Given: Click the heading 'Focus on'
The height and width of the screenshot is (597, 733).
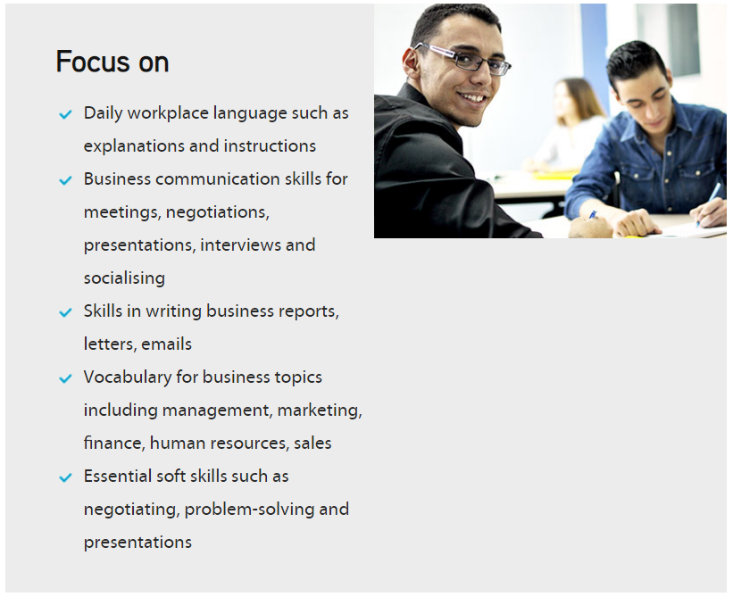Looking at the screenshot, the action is pyautogui.click(x=112, y=62).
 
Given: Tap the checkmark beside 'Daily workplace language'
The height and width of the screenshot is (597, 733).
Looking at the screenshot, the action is pyautogui.click(x=65, y=114).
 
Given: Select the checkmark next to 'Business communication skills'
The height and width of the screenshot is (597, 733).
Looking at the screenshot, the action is pyautogui.click(x=65, y=180).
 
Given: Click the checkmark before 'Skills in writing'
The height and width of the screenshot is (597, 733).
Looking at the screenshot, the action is pyautogui.click(x=65, y=312).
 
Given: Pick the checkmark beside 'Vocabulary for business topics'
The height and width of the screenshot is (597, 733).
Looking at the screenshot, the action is pyautogui.click(x=65, y=378).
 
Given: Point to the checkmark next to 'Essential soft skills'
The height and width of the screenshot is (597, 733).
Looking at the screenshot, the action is pyautogui.click(x=65, y=477).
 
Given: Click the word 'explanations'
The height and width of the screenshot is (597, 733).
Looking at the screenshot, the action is pyautogui.click(x=134, y=146).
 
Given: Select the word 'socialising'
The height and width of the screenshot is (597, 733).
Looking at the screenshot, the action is pyautogui.click(x=124, y=278).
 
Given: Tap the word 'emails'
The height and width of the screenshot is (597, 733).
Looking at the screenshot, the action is pyautogui.click(x=166, y=344).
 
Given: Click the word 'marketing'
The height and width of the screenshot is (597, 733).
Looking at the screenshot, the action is pyautogui.click(x=320, y=410).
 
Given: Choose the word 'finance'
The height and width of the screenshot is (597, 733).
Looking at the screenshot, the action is pyautogui.click(x=114, y=443).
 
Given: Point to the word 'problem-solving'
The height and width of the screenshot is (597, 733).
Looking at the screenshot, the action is pyautogui.click(x=250, y=510).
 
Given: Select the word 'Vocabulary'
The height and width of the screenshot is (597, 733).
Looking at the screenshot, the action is pyautogui.click(x=128, y=377).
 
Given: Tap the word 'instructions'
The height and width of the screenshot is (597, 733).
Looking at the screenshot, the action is pyautogui.click(x=270, y=146).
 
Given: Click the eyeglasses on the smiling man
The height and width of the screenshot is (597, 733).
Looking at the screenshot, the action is pyautogui.click(x=462, y=59).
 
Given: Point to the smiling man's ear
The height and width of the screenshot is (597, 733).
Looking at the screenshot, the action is pyautogui.click(x=412, y=62).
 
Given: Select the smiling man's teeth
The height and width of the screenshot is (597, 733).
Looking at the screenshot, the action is pyautogui.click(x=473, y=98).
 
